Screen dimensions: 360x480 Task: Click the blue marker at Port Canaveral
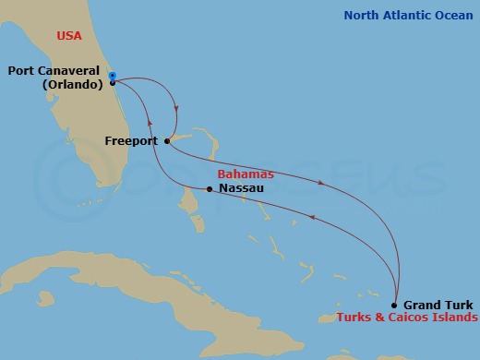pyautogui.click(x=112, y=76)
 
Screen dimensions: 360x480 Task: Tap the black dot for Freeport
pyautogui.click(x=166, y=141)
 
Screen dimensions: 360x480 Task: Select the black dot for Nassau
pyautogui.click(x=210, y=189)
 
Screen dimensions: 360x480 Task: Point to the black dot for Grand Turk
pyautogui.click(x=394, y=305)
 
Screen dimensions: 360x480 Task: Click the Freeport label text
pyautogui.click(x=131, y=141)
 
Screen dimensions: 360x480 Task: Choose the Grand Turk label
pyautogui.click(x=438, y=305)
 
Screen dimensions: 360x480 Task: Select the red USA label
pyautogui.click(x=68, y=36)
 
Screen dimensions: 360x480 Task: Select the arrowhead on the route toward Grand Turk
pyautogui.click(x=320, y=183)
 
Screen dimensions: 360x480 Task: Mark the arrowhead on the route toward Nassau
pyautogui.click(x=312, y=218)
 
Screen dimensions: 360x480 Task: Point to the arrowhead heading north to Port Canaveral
pyautogui.click(x=150, y=120)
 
